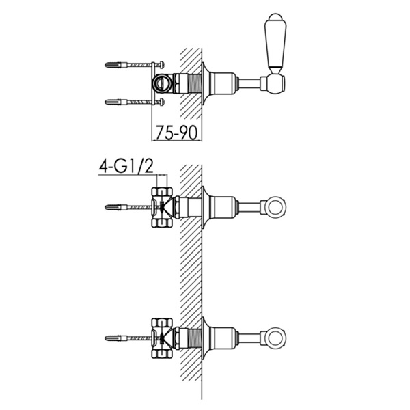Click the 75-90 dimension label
pos(176,133)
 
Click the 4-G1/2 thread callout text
pos(126,166)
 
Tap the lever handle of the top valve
pos(275,43)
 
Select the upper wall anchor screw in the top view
pos(135,64)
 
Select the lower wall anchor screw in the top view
pos(135,102)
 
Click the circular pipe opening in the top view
pos(161,83)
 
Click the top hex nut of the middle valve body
pos(162,191)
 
